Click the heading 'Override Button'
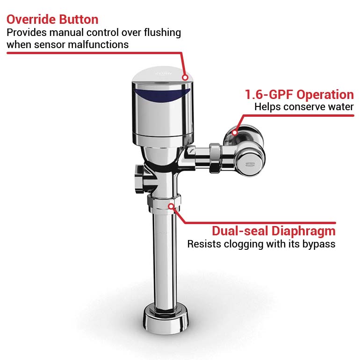[52, 20]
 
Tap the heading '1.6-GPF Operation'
[299, 94]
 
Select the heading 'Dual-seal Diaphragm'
[274, 231]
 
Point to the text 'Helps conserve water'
[304, 107]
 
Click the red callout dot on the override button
[185, 78]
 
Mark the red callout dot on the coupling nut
[172, 205]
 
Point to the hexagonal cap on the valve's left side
[139, 179]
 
